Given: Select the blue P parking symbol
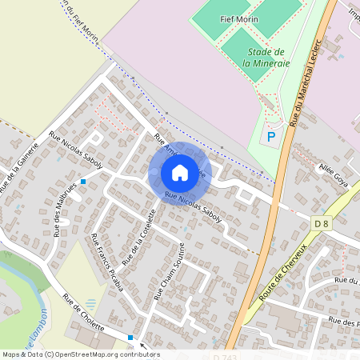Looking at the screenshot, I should (271, 136).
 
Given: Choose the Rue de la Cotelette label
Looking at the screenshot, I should (138, 238).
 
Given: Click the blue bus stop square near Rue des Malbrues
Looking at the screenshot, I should (82, 182).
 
